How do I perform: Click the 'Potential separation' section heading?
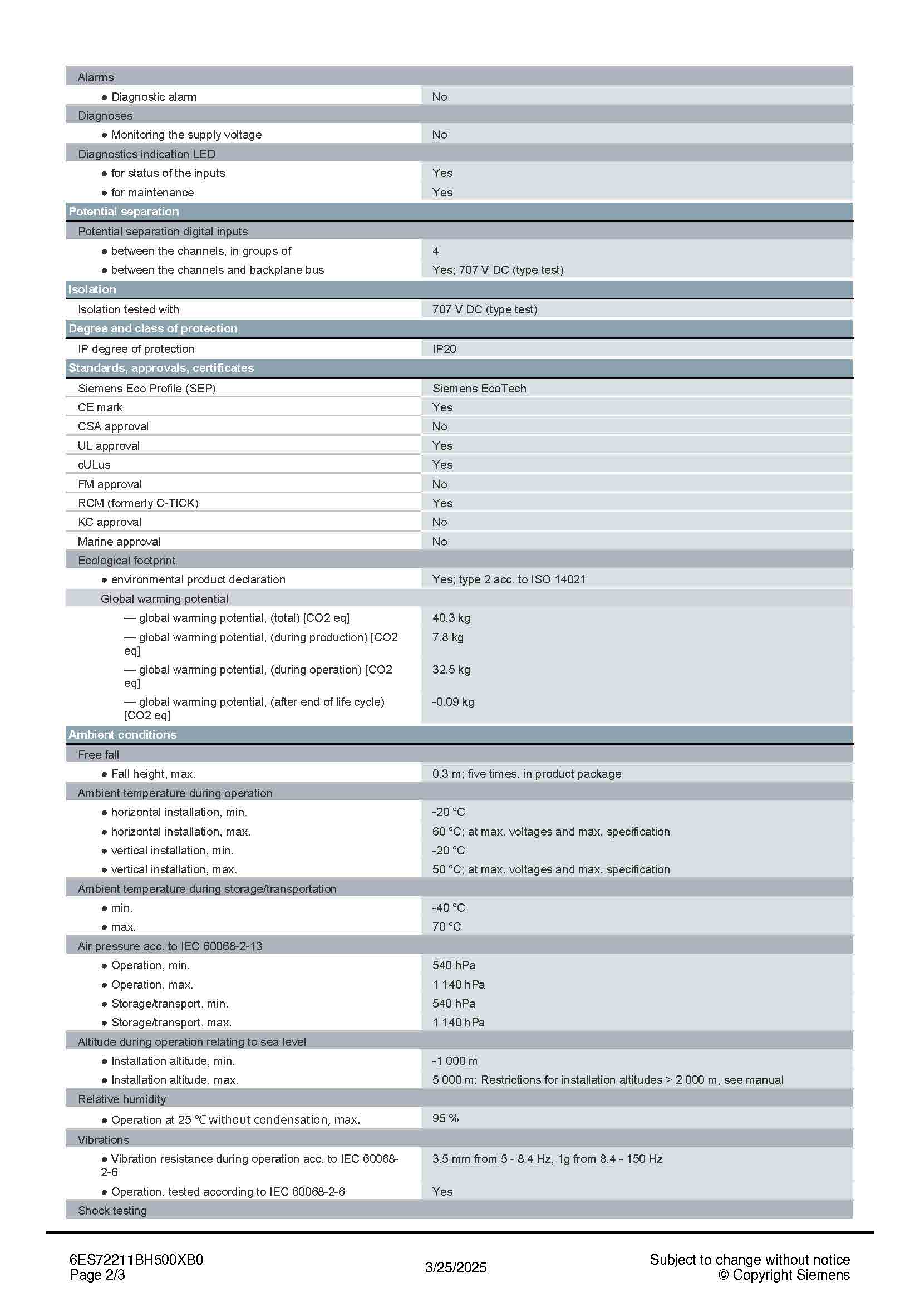[124, 212]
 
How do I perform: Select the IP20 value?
[444, 349]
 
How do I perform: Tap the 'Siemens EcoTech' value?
[479, 389]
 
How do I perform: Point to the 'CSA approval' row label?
[114, 426]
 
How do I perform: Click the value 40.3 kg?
[451, 617]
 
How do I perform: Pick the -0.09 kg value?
[453, 701]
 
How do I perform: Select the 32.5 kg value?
[451, 669]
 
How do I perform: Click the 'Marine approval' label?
[119, 542]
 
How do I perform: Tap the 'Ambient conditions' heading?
[122, 734]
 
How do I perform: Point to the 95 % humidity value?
[446, 1118]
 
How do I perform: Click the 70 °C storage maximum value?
[447, 927]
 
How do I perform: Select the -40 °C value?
[449, 907]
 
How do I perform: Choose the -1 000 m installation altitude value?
[455, 1060]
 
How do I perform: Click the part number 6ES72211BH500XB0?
[136, 1260]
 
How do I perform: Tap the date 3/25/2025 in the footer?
[456, 1267]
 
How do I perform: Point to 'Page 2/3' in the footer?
[97, 1275]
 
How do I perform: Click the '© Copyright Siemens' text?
[784, 1275]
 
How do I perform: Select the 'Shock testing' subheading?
[112, 1211]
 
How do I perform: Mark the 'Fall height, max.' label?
[153, 774]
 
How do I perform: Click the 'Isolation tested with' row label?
[129, 309]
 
